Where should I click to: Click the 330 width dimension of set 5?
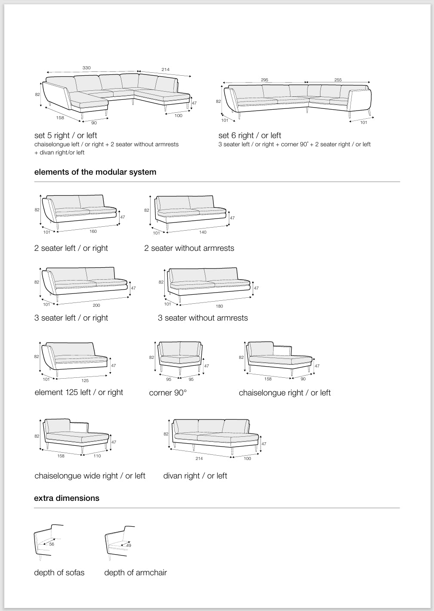[x=86, y=68]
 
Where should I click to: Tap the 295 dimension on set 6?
[x=265, y=80]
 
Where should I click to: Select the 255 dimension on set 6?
[x=338, y=80]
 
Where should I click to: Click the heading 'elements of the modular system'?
[x=95, y=172]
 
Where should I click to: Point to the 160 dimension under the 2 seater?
[x=93, y=231]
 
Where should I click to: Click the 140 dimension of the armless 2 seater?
[x=203, y=232]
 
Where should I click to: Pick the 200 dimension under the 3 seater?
[x=96, y=305]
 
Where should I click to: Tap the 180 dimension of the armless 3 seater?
[x=219, y=306]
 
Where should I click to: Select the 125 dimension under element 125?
[x=85, y=381]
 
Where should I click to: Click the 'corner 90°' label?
[x=168, y=393]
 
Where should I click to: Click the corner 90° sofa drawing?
[x=180, y=355]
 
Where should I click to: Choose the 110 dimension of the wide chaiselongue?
[x=97, y=456]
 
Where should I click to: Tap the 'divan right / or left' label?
[x=195, y=476]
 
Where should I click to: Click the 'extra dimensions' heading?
[x=67, y=498]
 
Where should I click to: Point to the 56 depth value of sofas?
[x=52, y=544]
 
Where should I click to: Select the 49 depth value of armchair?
[x=129, y=546]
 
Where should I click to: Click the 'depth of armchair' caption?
[x=135, y=573]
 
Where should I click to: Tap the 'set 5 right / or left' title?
[x=66, y=136]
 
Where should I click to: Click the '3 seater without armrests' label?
[x=203, y=318]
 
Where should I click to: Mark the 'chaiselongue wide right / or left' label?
[x=90, y=476]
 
